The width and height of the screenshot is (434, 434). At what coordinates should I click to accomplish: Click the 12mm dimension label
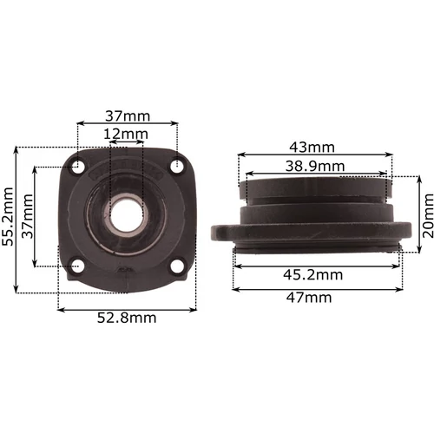pos(126,134)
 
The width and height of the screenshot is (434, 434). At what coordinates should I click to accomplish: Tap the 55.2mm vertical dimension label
pos(8,216)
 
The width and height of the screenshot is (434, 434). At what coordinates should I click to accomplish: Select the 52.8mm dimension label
pos(127,318)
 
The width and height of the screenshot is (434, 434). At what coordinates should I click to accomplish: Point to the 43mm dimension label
pos(312,148)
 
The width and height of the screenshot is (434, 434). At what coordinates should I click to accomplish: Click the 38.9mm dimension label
pos(315,167)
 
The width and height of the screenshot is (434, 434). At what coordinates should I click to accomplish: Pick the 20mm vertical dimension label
pos(428,215)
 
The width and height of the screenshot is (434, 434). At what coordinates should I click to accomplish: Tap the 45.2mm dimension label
pos(312,274)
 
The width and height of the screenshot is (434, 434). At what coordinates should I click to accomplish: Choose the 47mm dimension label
pos(309,298)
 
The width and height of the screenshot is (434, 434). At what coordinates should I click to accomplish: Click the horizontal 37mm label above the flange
pos(128,116)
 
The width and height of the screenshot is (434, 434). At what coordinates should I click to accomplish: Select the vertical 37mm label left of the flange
pos(28,216)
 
